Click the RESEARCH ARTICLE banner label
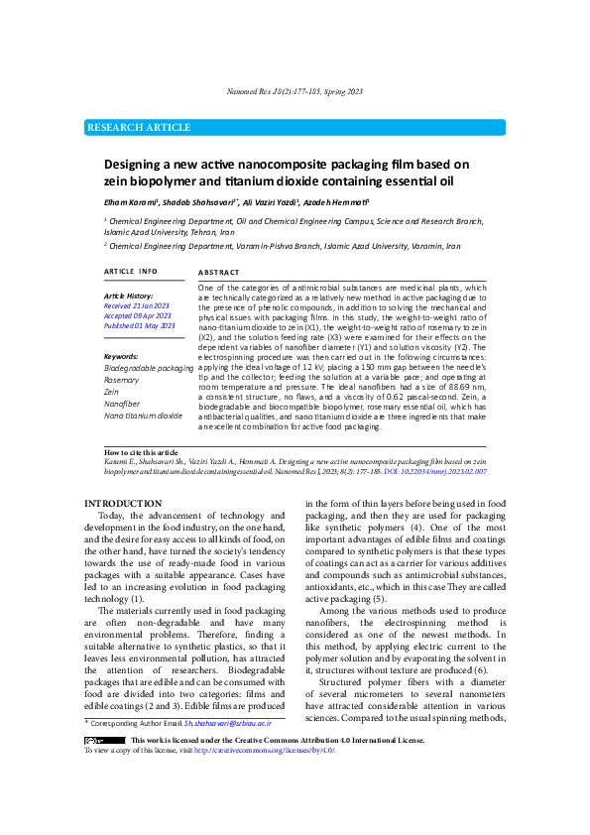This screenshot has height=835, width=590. coord(140,128)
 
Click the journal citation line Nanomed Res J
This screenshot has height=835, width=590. coord(295,91)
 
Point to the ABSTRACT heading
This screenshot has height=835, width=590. coord(218,272)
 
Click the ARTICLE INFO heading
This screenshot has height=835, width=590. coord(130,272)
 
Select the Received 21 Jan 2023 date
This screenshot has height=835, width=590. coord(137,306)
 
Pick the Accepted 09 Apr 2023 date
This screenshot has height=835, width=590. coord(137,315)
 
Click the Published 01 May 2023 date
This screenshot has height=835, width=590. coord(139,325)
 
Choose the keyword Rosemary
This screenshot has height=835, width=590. coord(122,380)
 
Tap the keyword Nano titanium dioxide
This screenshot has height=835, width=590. coord(144,416)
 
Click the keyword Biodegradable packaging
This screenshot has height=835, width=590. coord(149,368)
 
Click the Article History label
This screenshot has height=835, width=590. coord(129,296)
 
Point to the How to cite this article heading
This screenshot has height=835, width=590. coord(142,451)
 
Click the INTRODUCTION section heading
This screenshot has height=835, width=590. coord(123,504)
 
